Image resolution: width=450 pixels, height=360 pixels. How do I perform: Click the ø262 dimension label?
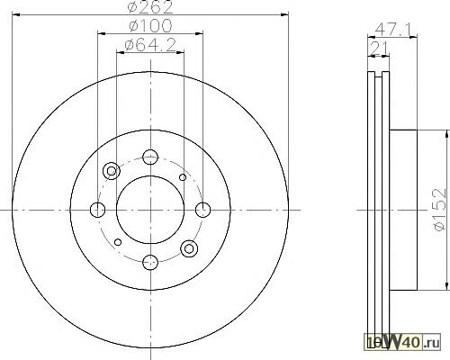pyautogui.click(x=150, y=7)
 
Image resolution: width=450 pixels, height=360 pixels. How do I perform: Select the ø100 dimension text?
pyautogui.click(x=150, y=25)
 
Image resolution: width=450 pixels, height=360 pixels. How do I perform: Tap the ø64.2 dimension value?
pyautogui.click(x=150, y=45)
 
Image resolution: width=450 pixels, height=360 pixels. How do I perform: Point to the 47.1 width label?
pyautogui.click(x=393, y=30)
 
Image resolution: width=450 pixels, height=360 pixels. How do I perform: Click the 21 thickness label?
pyautogui.click(x=379, y=48)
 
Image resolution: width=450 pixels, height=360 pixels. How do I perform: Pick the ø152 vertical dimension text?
pyautogui.click(x=442, y=210)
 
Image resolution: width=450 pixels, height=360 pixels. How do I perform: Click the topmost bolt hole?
pyautogui.click(x=150, y=157)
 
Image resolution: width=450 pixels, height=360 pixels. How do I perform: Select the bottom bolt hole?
pyautogui.click(x=150, y=263)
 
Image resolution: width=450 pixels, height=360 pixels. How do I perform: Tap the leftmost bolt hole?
pyautogui.click(x=97, y=210)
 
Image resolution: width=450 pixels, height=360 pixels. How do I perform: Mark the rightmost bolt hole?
pyautogui.click(x=203, y=210)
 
